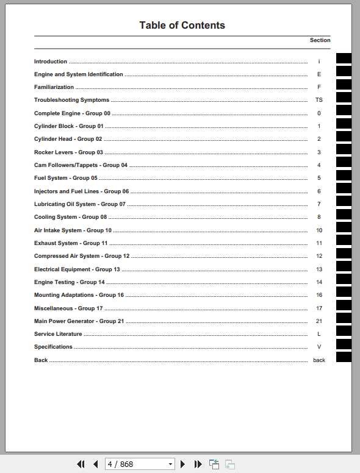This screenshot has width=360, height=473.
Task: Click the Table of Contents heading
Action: pos(182,25)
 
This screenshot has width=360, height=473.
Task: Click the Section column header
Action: pos(320,40)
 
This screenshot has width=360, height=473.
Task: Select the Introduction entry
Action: pos(51,62)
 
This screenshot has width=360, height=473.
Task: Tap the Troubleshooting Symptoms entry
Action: pos(71,100)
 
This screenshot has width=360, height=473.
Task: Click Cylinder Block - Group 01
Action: pos(69,126)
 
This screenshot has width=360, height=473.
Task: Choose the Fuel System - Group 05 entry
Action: pos(66,178)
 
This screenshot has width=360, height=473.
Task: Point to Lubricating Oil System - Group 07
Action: pos(80,204)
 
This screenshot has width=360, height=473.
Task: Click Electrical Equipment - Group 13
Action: pos(77,269)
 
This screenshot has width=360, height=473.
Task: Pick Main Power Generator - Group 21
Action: pos(79,321)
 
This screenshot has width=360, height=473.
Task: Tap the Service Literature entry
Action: pos(58,334)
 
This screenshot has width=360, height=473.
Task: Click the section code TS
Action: pos(319,100)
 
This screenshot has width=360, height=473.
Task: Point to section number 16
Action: pos(319,295)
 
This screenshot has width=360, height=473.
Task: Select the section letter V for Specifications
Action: pos(319,347)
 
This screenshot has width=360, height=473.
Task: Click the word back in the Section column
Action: pos(319,360)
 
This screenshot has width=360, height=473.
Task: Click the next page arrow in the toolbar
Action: pos(182,464)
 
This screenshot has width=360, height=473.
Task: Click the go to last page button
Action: pos(198,464)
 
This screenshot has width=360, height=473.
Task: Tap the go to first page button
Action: pos(81,464)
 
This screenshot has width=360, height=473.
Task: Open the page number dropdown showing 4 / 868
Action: pos(170,464)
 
